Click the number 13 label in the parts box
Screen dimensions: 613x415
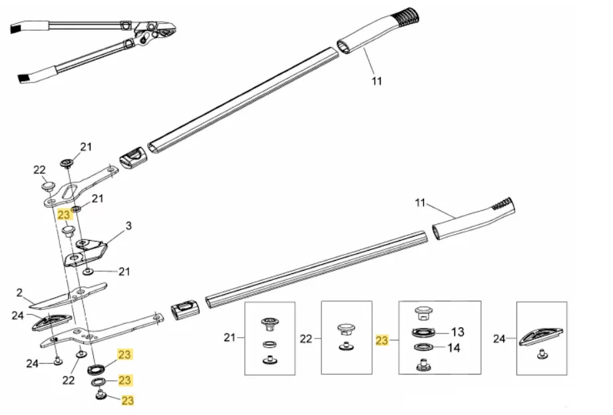[x=457, y=332]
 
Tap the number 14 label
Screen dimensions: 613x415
[x=453, y=348]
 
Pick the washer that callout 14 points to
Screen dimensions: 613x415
[x=423, y=346]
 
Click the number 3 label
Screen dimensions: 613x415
[x=128, y=226]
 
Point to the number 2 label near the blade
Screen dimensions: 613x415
[x=19, y=293]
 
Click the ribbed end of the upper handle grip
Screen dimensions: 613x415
[x=407, y=17]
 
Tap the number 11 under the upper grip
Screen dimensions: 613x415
[x=376, y=81]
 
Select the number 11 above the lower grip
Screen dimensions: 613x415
[x=420, y=203]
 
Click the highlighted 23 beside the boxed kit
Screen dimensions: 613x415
[x=381, y=341]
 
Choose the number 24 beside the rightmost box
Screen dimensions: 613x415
[x=499, y=339]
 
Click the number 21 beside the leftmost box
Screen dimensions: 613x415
[x=230, y=337]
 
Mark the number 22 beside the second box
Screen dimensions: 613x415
[x=306, y=339]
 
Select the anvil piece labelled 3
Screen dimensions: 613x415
[x=85, y=252]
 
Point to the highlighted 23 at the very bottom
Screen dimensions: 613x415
[x=127, y=400]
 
